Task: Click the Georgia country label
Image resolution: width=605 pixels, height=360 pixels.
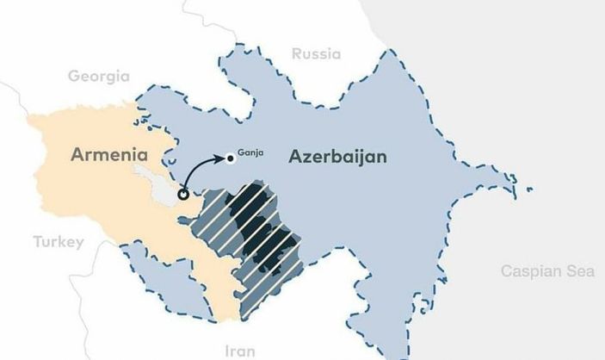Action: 98,76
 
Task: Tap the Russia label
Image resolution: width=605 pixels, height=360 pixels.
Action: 316,54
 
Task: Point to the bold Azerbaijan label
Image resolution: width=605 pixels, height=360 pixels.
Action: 338,158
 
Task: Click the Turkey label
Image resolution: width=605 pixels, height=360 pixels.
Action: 59,242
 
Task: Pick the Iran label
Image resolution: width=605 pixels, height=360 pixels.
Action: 239,351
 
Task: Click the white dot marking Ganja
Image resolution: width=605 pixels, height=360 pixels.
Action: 230,157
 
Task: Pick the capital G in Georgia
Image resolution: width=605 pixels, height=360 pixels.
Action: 74,76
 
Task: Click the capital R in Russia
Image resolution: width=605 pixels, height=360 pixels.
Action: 297,54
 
